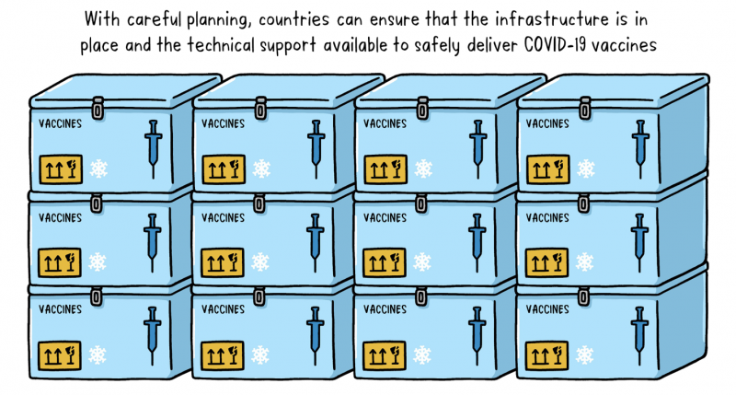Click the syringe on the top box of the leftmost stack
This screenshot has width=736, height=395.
click(153, 148)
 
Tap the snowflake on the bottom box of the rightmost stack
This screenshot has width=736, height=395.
click(584, 355)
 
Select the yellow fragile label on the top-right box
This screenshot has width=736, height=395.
click(547, 169)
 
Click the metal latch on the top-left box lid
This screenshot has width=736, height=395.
click(98, 109)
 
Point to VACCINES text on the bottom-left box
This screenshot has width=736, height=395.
click(60, 309)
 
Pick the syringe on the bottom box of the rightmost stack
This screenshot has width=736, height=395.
click(639, 335)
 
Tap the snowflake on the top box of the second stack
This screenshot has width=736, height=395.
click(261, 168)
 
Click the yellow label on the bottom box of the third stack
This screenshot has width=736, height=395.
click(385, 355)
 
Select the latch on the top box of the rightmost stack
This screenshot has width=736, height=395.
click(585, 109)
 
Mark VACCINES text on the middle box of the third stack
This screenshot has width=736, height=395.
click(385, 217)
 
